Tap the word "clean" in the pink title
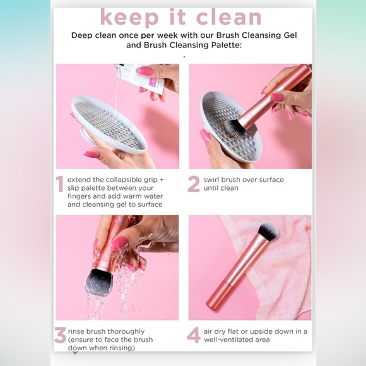pyautogui.click(x=228, y=17)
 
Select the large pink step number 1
pyautogui.click(x=60, y=184)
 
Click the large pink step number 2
pyautogui.click(x=194, y=184)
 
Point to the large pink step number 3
pyautogui.click(x=60, y=335)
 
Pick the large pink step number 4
pyautogui.click(x=194, y=335)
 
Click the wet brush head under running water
pyautogui.click(x=100, y=281)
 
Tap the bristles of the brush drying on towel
pyautogui.click(x=268, y=231)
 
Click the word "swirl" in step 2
pyautogui.click(x=211, y=180)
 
